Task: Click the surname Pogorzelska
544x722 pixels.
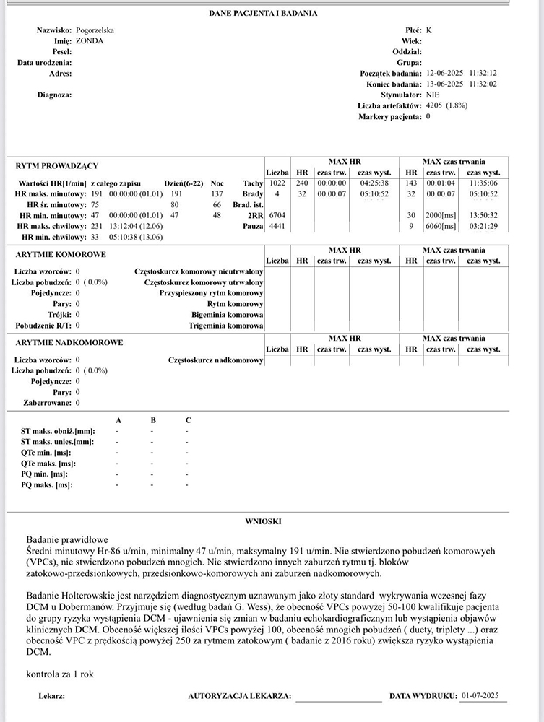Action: [95, 31]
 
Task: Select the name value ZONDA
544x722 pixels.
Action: [90, 41]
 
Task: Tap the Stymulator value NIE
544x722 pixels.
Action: [432, 95]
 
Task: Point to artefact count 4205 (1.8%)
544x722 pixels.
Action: [446, 105]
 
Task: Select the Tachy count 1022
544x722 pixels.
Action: [277, 183]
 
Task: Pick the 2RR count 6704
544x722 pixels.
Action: [277, 216]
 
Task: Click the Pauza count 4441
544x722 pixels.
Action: [277, 227]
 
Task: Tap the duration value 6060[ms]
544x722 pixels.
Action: [440, 227]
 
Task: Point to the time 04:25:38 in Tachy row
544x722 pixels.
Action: [374, 183]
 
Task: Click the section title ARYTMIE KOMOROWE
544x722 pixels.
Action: [61, 255]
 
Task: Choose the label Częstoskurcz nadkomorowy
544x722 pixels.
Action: [215, 360]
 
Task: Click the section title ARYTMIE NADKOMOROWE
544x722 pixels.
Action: [69, 343]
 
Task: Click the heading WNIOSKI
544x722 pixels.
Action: [263, 521]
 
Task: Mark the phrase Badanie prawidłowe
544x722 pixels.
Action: [66, 539]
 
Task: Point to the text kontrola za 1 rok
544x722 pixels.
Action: [59, 674]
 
